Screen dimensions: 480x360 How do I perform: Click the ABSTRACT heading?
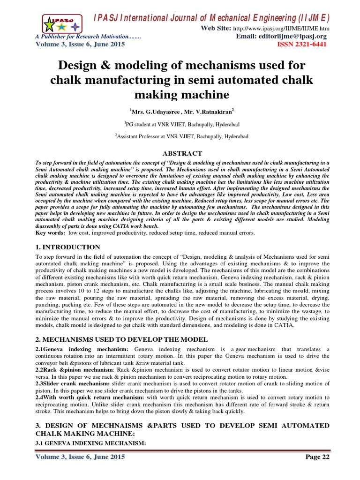pyautogui.click(x=182, y=153)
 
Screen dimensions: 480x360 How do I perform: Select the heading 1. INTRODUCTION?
pyautogui.click(x=68, y=247)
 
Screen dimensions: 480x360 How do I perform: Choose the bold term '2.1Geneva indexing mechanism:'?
pyautogui.click(x=82, y=350)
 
